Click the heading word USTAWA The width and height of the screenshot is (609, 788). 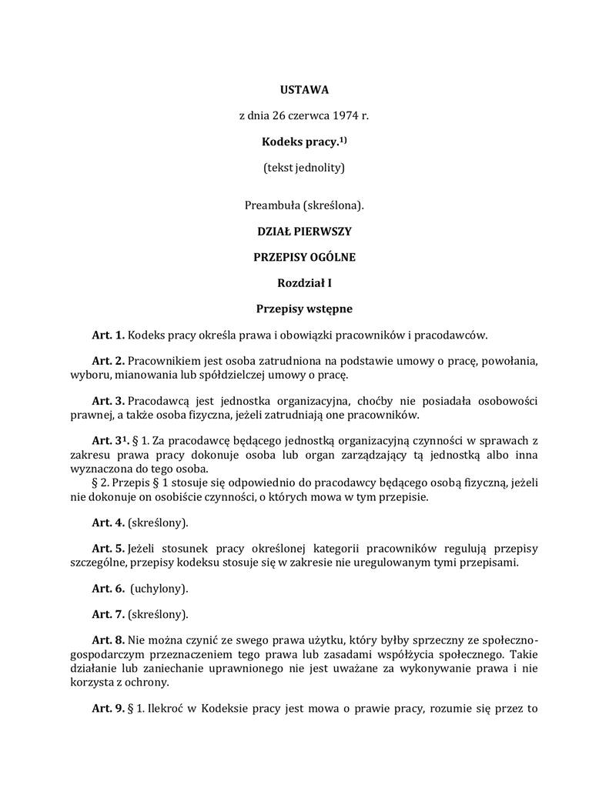304,90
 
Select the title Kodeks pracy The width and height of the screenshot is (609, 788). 299,142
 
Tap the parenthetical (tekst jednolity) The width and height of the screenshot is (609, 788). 304,168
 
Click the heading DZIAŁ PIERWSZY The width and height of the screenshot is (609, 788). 304,231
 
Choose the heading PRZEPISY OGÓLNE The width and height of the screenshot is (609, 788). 304,257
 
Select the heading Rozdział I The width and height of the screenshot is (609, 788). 304,283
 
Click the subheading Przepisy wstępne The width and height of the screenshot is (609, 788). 304,309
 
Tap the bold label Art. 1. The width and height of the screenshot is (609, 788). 108,335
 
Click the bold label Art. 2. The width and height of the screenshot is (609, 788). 108,360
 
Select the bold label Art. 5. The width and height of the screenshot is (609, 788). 108,548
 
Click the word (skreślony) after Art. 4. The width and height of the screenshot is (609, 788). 158,523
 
